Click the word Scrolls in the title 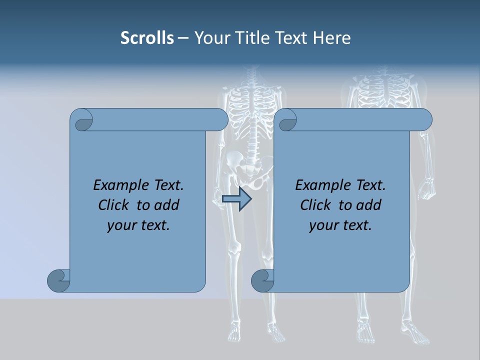pyautogui.click(x=147, y=38)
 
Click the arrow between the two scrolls pyautogui.click(x=236, y=199)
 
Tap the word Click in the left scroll pyautogui.click(x=116, y=205)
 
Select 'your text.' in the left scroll pyautogui.click(x=138, y=225)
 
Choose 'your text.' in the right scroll pyautogui.click(x=340, y=225)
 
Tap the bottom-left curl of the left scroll pyautogui.click(x=59, y=280)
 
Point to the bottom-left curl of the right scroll pyautogui.click(x=262, y=280)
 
